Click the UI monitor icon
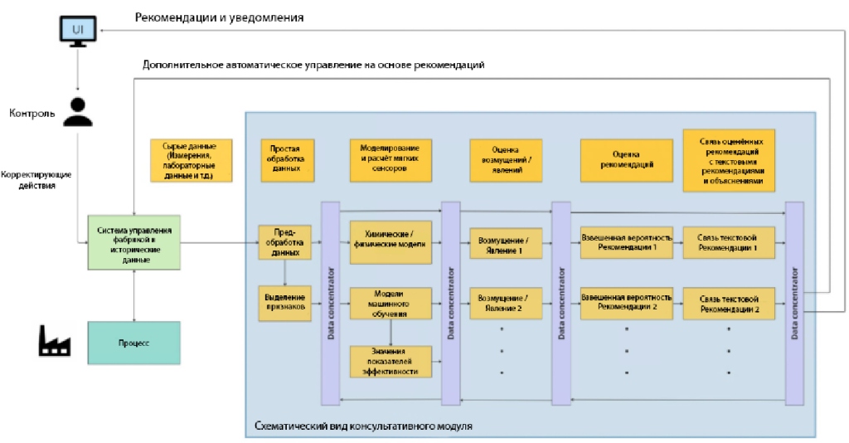[77, 32]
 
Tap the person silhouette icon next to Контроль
[78, 112]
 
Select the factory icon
[54, 341]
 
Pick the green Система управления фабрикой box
[134, 241]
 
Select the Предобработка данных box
[285, 241]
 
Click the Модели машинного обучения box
[390, 303]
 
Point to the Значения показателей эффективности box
[390, 361]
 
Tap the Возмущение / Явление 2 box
[505, 302]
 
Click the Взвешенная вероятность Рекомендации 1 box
[626, 241]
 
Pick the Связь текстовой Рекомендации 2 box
[729, 303]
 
